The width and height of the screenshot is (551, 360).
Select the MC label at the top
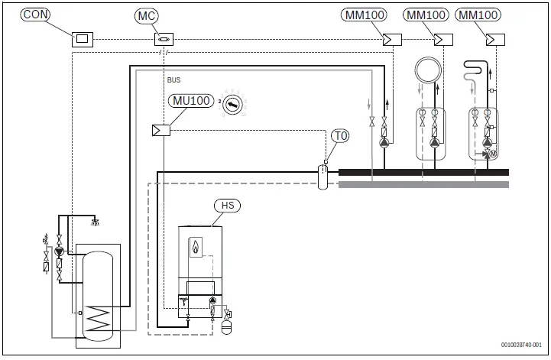147,15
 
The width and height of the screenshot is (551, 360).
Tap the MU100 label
190,101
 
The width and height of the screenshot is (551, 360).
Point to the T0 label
341,136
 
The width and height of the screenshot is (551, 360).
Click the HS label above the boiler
228,206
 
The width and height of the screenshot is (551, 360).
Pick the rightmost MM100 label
479,15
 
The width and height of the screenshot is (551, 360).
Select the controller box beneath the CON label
82,39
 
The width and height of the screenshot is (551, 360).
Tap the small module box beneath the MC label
164,39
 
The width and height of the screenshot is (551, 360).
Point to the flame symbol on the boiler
197,248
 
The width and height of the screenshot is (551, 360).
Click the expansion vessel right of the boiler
226,326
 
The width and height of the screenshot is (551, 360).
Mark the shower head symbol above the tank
95,222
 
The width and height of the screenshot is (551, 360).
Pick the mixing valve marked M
493,154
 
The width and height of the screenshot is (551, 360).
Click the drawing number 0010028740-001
522,345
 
